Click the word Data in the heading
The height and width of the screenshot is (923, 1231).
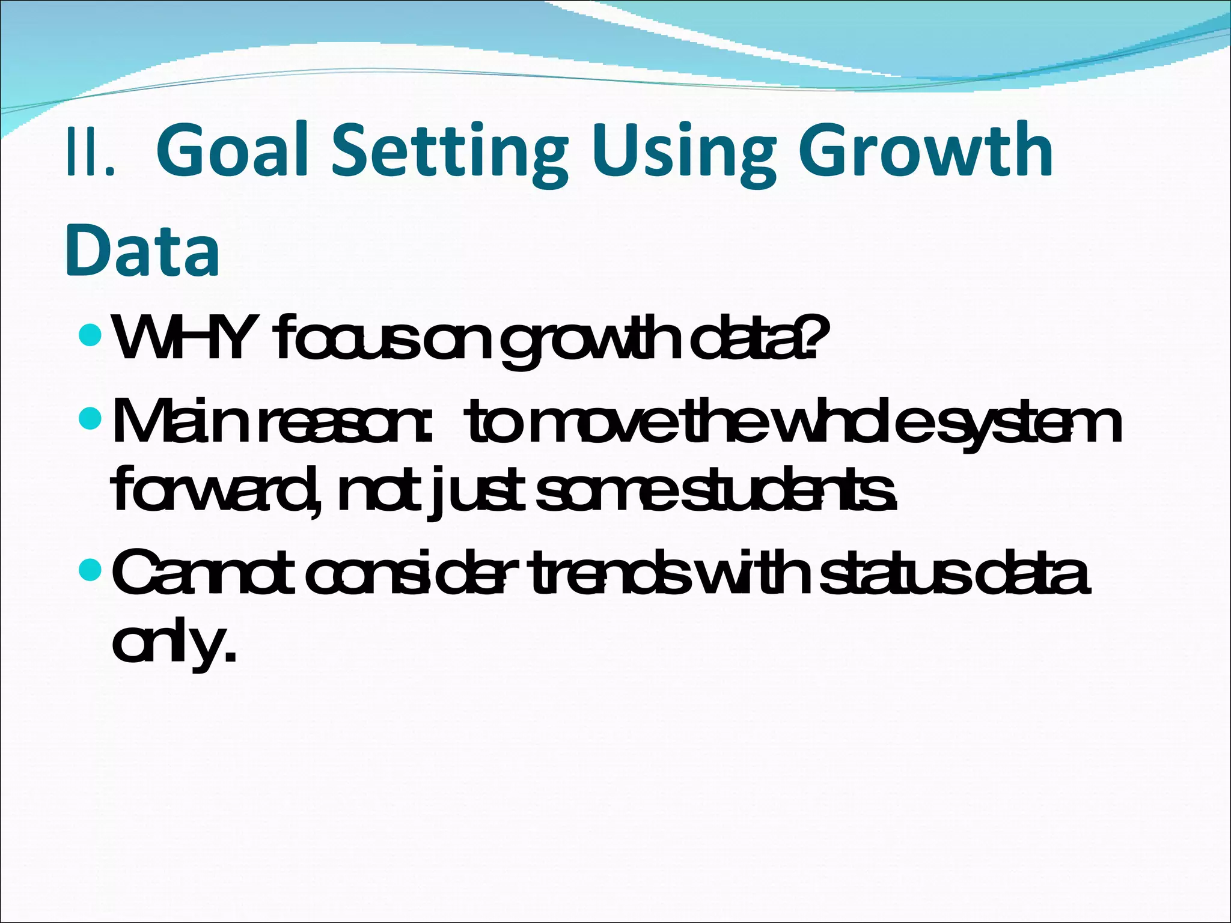point(142,251)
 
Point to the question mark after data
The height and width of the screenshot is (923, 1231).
point(807,338)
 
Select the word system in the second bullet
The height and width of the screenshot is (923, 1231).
point(1023,424)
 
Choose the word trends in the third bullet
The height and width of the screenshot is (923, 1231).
point(612,572)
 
